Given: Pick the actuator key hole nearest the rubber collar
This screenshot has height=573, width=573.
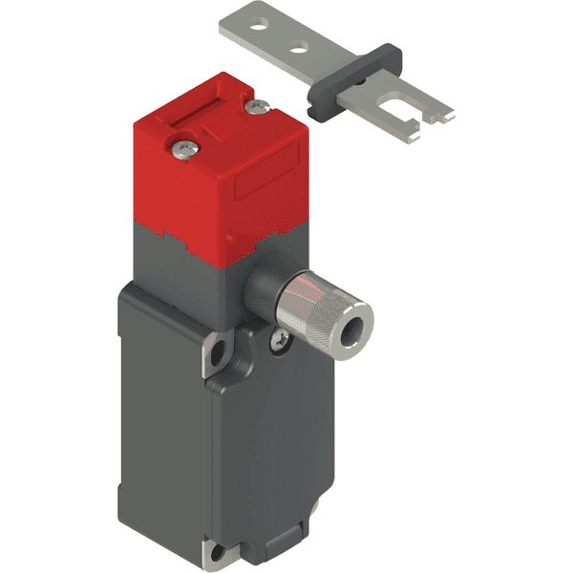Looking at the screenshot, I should pyautogui.click(x=303, y=45).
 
